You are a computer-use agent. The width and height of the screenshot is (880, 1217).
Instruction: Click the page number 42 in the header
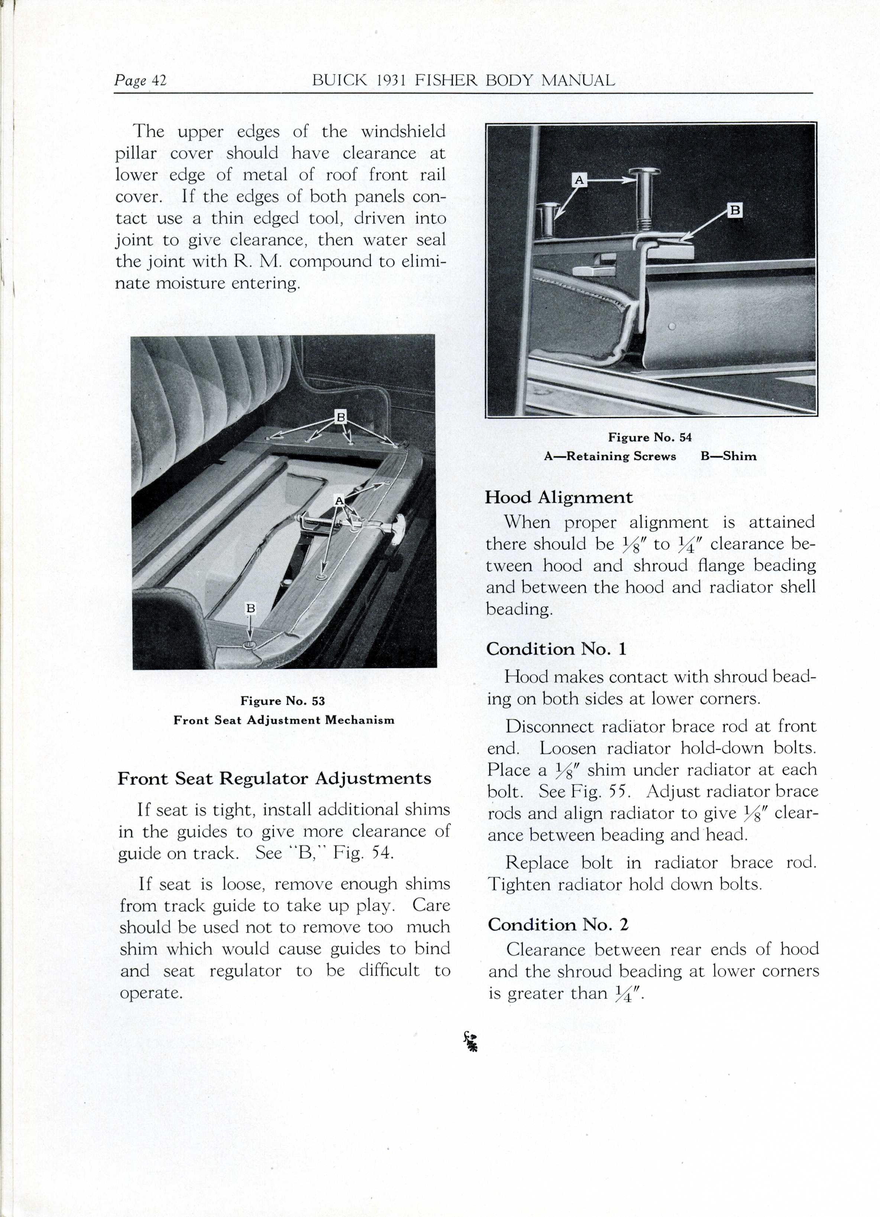[159, 81]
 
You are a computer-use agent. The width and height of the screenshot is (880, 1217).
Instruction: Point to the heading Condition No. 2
[558, 924]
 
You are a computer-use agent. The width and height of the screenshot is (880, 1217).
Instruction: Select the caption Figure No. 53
[283, 701]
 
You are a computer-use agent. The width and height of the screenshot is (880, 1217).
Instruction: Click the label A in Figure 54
[579, 180]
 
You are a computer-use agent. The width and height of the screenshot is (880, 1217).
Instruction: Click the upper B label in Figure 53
[340, 416]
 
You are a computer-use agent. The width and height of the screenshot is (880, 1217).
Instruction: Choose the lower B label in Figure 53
[250, 608]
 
